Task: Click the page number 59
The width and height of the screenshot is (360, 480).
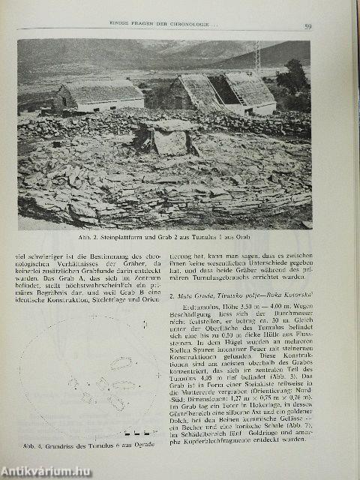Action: pos(308,28)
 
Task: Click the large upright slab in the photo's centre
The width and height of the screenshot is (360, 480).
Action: pos(170,142)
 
